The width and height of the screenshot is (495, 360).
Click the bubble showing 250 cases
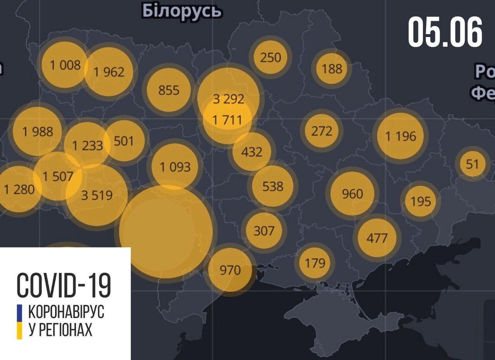tap(270, 58)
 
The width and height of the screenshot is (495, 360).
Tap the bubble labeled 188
tap(332, 69)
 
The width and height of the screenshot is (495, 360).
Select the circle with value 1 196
tap(401, 136)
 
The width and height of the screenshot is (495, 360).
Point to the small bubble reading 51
tap(472, 164)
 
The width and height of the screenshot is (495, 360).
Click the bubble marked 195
tap(420, 201)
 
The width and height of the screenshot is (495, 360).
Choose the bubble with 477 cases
tap(377, 237)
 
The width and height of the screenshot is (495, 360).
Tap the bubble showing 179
tap(315, 263)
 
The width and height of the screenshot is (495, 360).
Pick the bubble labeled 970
tap(230, 269)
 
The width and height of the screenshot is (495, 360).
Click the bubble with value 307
tap(264, 231)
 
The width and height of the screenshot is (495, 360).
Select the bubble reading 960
tap(352, 194)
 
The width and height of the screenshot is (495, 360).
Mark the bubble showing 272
tap(321, 131)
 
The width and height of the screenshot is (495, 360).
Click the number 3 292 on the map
tap(229, 99)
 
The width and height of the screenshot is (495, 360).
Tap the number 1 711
tap(228, 120)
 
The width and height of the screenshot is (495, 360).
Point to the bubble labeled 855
tap(169, 90)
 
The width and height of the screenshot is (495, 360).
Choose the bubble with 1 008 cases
tap(65, 65)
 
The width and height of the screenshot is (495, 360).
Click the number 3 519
tap(97, 195)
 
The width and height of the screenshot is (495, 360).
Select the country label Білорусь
tap(182, 11)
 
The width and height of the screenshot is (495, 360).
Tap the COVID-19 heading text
tap(64, 285)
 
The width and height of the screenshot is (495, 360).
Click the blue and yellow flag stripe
tap(19, 322)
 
